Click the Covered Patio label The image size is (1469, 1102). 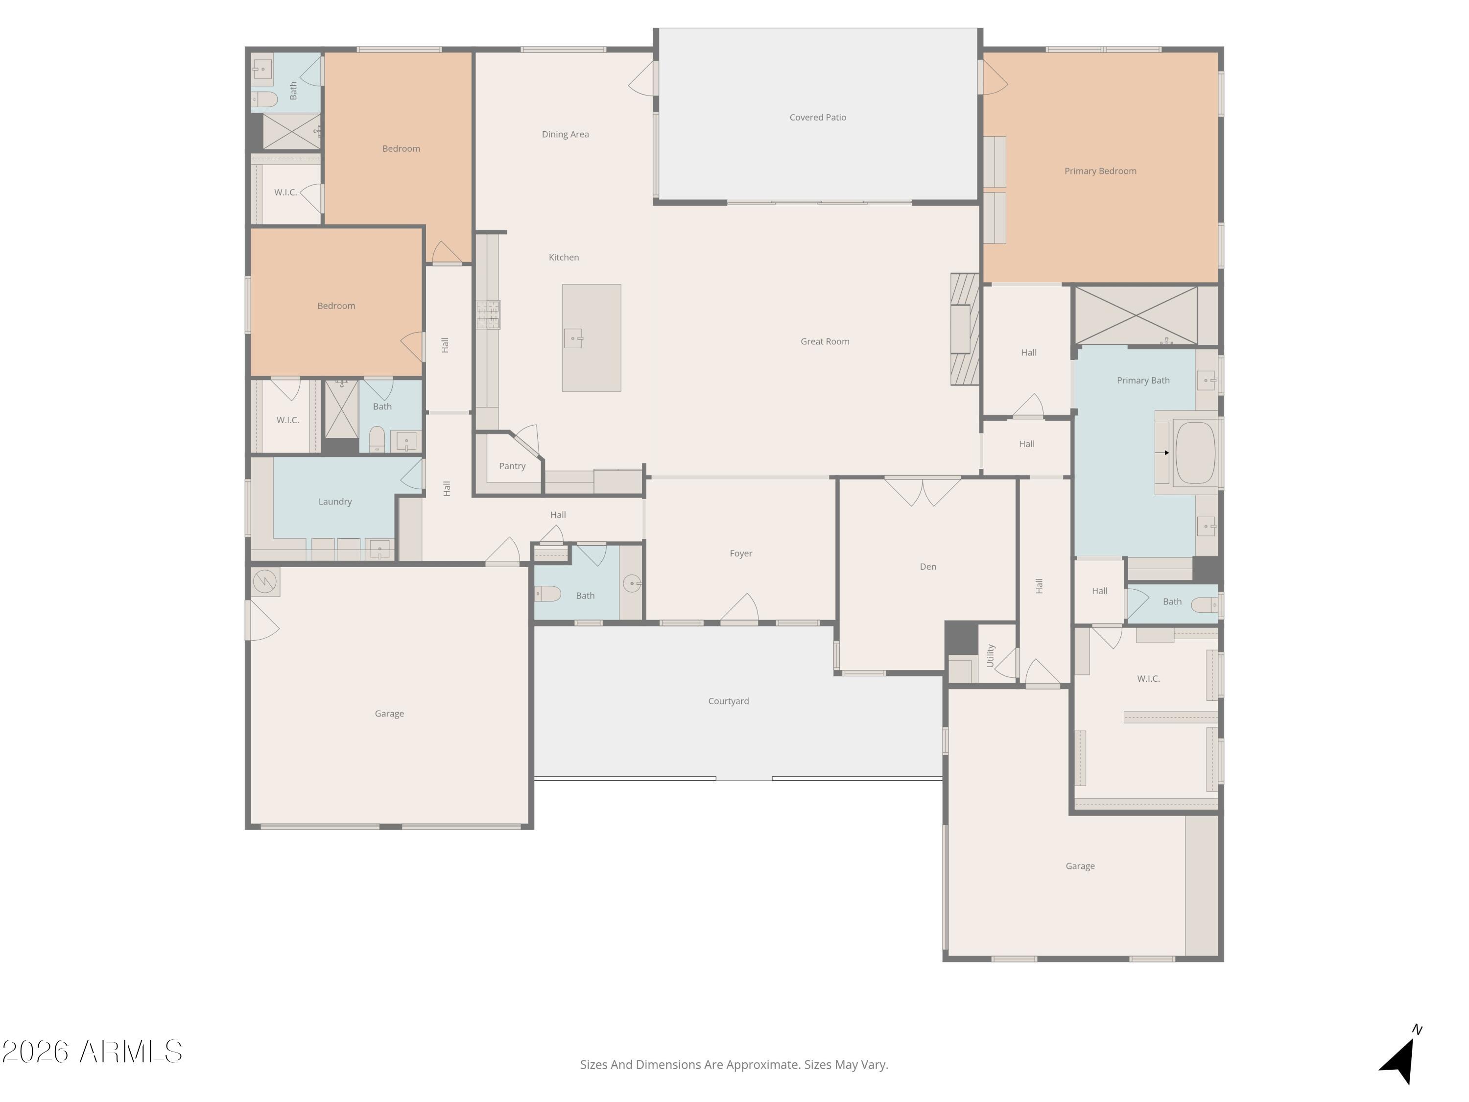click(818, 118)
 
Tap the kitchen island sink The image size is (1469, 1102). click(573, 339)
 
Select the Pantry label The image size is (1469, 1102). click(512, 466)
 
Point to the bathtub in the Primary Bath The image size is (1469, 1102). click(1195, 453)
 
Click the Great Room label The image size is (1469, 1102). click(825, 341)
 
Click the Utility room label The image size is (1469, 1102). click(990, 656)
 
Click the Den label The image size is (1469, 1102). click(928, 567)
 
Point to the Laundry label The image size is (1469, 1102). click(335, 502)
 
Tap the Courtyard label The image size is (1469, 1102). click(729, 701)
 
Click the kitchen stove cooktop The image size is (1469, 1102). click(488, 314)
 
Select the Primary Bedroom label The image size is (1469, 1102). click(1100, 171)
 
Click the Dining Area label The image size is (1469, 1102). click(565, 134)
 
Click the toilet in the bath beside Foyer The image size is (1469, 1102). click(548, 593)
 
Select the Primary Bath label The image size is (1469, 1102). click(1143, 381)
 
